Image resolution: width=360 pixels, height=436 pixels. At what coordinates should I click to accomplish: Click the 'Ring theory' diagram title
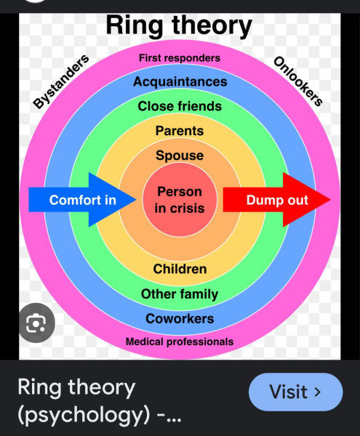click(179, 26)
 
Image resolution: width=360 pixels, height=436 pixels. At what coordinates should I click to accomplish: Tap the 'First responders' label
click(180, 58)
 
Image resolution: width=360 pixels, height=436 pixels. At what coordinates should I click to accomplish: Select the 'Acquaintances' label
click(180, 81)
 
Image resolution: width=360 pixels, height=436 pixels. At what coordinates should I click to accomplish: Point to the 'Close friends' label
click(180, 106)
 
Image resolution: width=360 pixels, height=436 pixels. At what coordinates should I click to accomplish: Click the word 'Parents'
click(180, 131)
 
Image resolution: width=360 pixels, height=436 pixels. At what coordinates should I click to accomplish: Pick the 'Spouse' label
click(180, 156)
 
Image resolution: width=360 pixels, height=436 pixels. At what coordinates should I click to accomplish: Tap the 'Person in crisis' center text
click(180, 200)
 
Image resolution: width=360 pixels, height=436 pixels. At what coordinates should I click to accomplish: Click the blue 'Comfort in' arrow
click(82, 200)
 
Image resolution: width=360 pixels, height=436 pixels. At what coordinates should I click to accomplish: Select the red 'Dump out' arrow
click(277, 200)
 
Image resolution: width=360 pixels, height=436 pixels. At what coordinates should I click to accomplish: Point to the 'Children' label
click(180, 269)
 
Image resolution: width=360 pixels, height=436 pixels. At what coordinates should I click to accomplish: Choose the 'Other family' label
click(180, 294)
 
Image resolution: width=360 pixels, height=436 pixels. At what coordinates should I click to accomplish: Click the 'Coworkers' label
click(180, 319)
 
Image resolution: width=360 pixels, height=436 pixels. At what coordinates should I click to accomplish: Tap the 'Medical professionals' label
click(180, 342)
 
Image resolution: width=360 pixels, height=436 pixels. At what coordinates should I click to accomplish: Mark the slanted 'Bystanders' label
click(61, 81)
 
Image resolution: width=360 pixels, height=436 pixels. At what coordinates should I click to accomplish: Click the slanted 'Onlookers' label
click(298, 81)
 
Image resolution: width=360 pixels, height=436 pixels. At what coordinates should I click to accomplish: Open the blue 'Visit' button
click(296, 392)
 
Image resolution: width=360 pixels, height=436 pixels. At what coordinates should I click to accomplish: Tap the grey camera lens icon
click(36, 323)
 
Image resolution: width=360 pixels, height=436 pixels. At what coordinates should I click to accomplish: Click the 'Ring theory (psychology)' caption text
click(99, 401)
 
